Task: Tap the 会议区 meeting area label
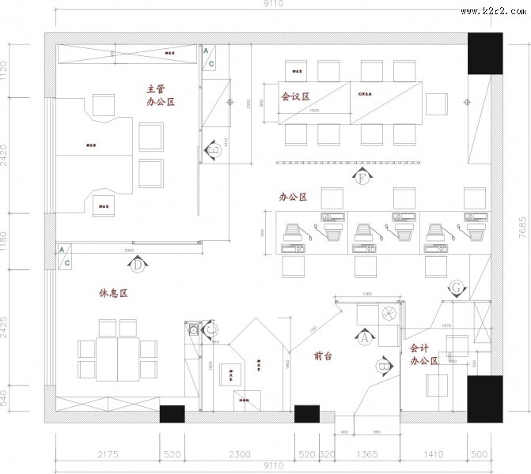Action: click(x=295, y=96)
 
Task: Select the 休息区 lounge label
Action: click(x=113, y=292)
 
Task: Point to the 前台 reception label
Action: click(x=322, y=356)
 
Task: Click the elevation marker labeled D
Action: click(x=137, y=265)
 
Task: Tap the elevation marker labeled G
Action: click(x=457, y=287)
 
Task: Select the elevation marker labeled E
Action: click(x=212, y=149)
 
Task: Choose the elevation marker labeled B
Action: click(x=382, y=365)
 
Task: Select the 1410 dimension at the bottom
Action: click(x=433, y=455)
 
